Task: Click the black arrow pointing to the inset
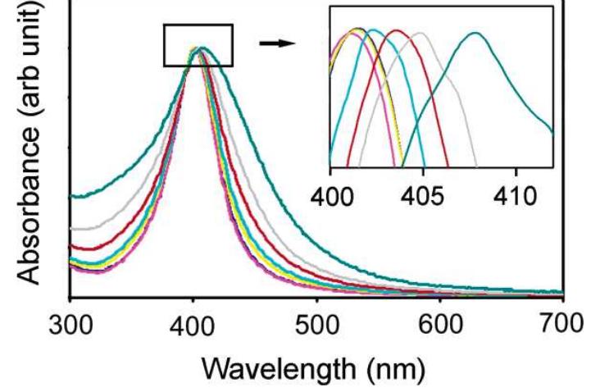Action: coord(276,42)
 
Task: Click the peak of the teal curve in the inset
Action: coord(475,33)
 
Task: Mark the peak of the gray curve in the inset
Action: coord(420,33)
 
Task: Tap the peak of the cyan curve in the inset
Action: coord(373,30)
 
